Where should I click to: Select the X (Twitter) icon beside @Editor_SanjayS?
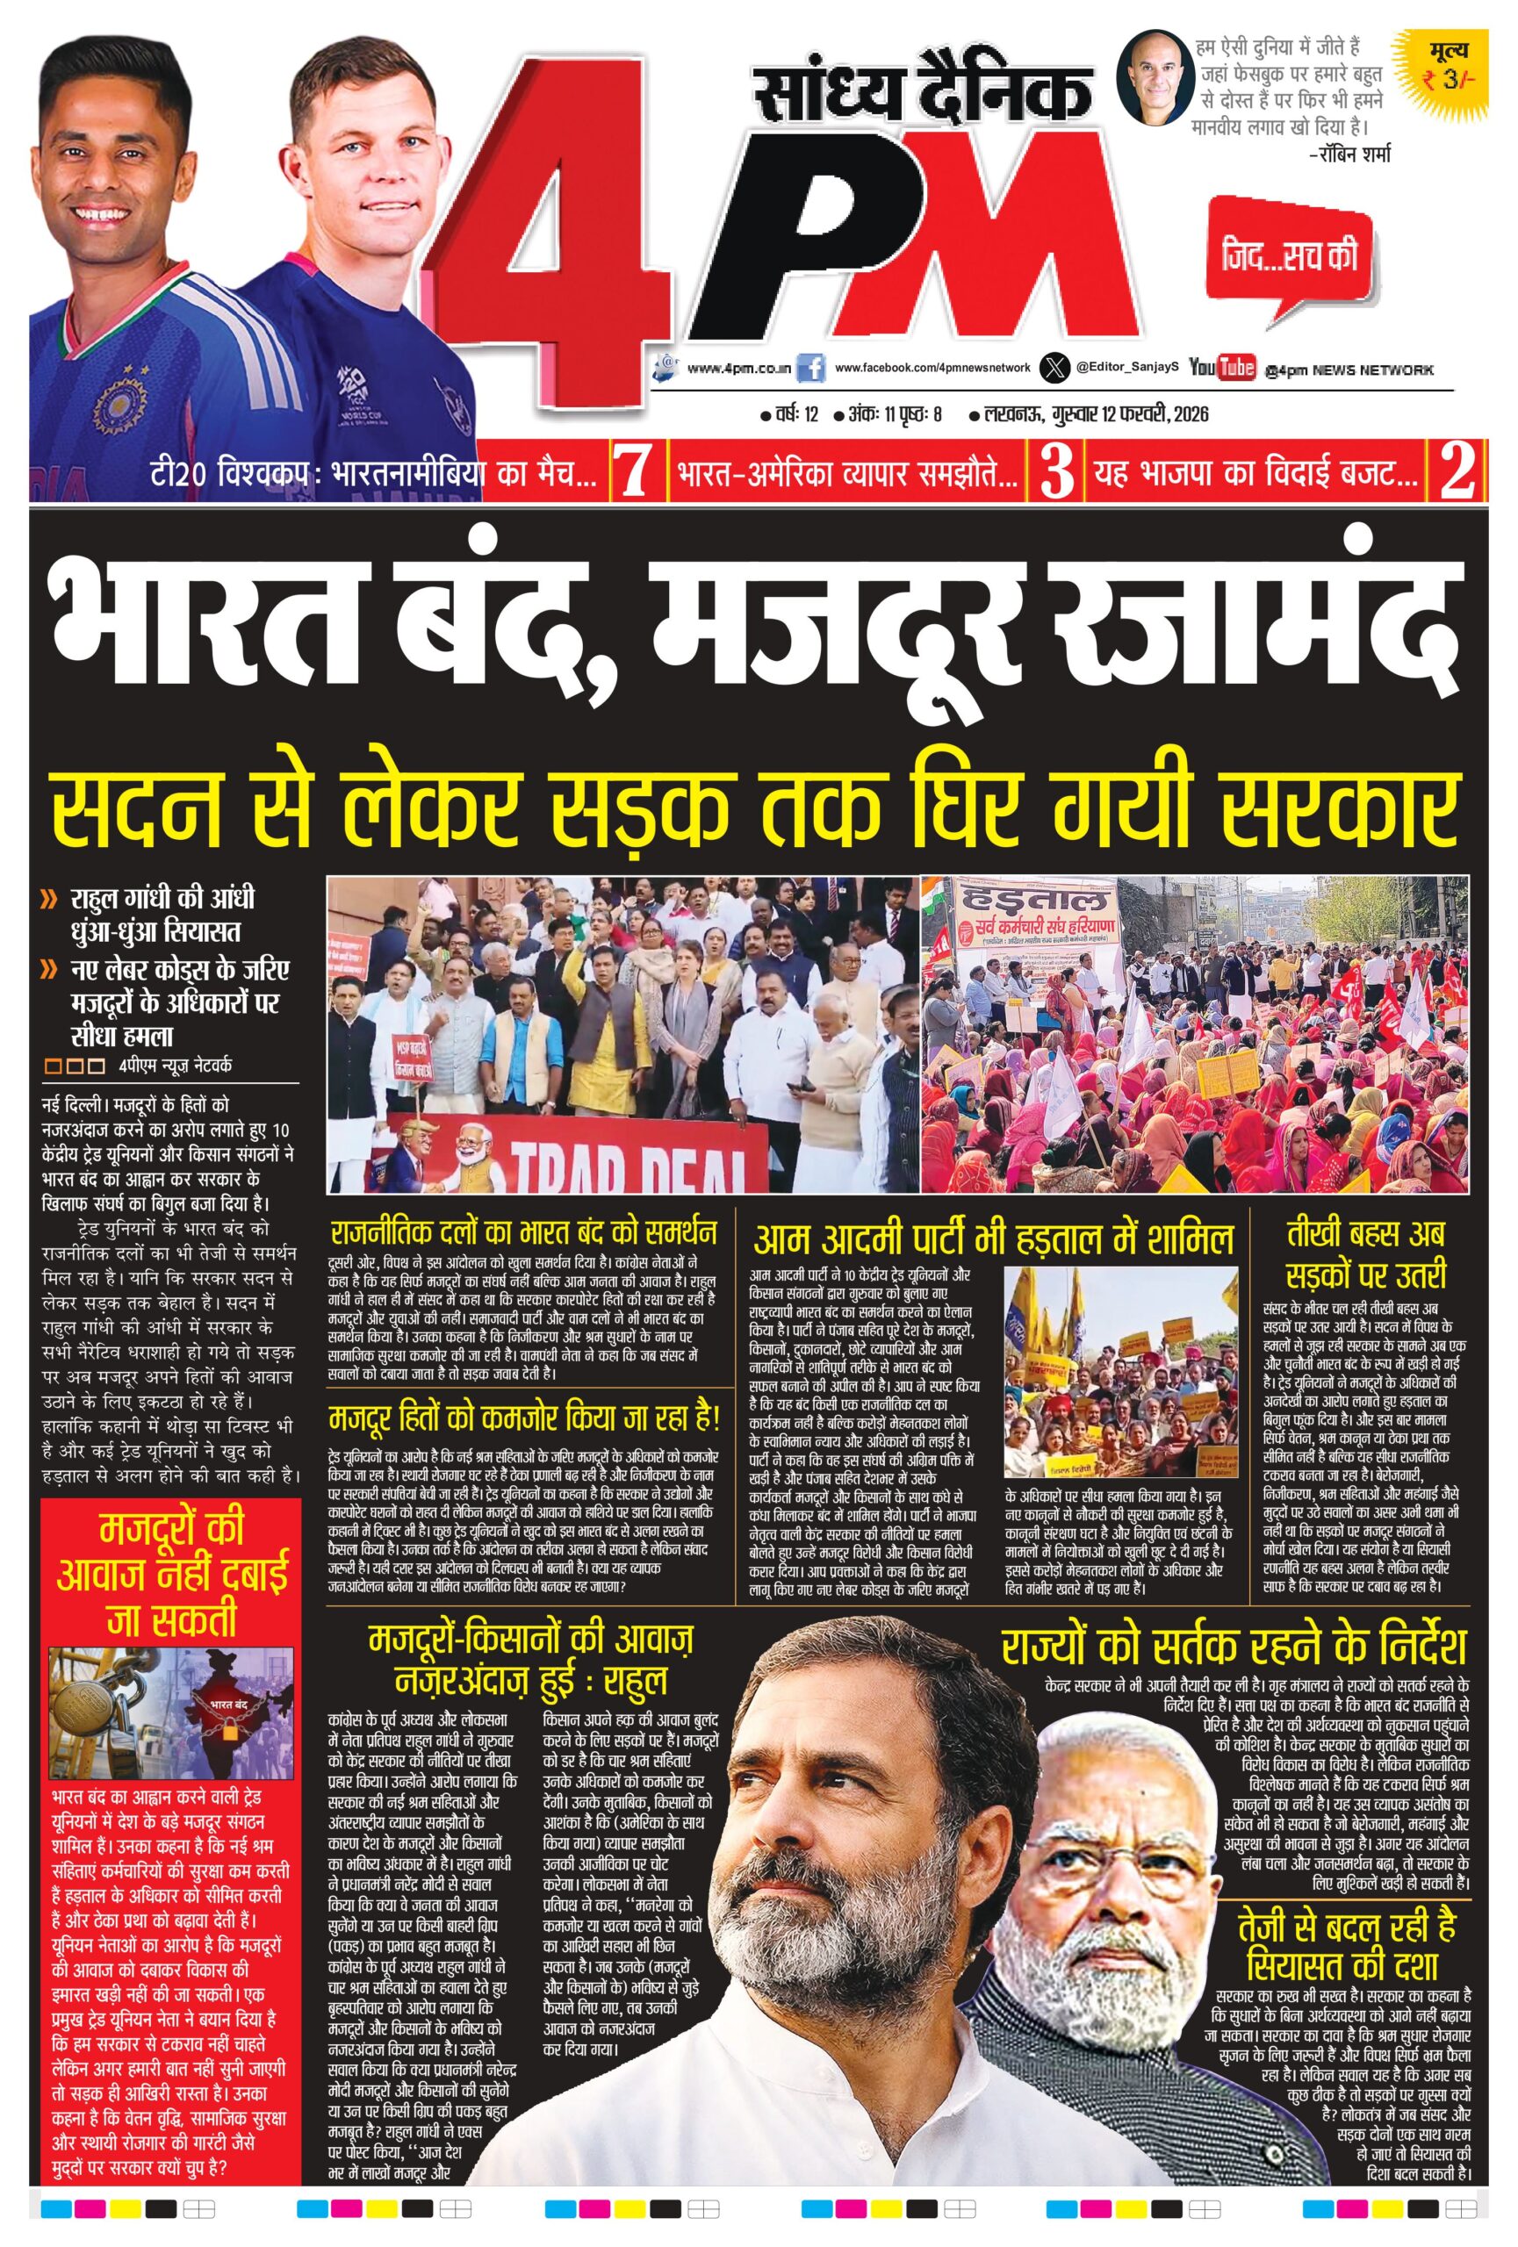coord(1054,368)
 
